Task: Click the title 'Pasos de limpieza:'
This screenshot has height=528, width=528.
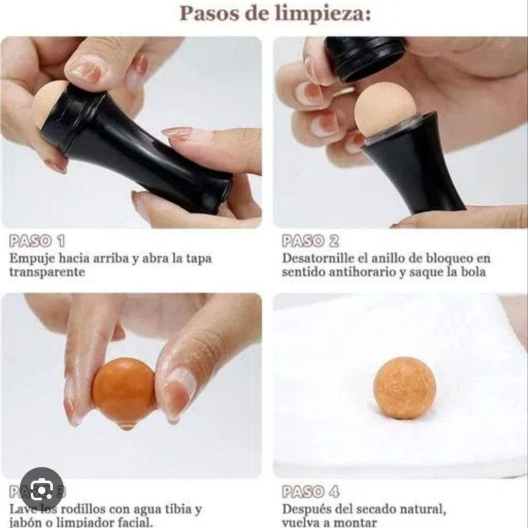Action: tap(275, 13)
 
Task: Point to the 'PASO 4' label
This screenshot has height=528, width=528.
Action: tap(310, 492)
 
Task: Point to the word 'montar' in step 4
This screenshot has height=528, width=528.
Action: tap(359, 522)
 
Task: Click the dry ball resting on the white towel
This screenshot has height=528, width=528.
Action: tap(404, 387)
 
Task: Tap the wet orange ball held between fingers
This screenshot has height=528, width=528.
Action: tap(124, 389)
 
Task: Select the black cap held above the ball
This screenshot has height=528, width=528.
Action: tap(365, 57)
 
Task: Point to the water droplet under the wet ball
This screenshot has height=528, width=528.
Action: tap(124, 425)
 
